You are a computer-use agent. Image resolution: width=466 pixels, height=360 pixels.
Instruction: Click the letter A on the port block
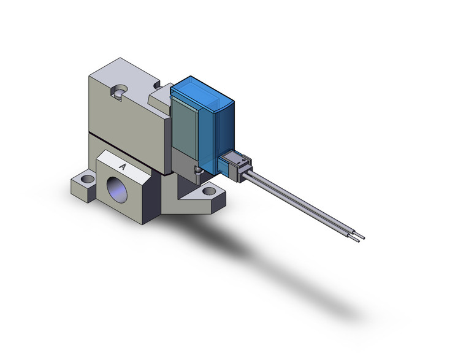pos(123,166)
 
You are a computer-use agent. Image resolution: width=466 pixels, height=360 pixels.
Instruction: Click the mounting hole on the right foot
pos(212,191)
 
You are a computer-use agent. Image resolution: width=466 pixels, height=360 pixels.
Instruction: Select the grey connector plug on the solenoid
pos(235,164)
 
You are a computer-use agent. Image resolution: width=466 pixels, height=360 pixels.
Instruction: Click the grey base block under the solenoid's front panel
pos(184,162)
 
